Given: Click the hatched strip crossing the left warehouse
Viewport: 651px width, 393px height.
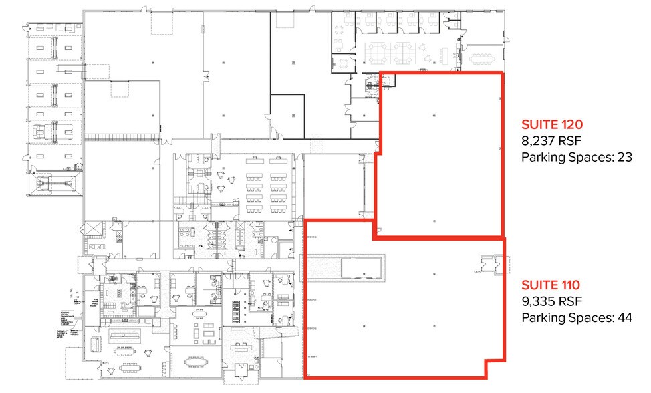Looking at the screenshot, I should [x=122, y=137].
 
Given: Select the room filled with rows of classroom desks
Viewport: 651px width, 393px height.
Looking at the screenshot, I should [x=267, y=184].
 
